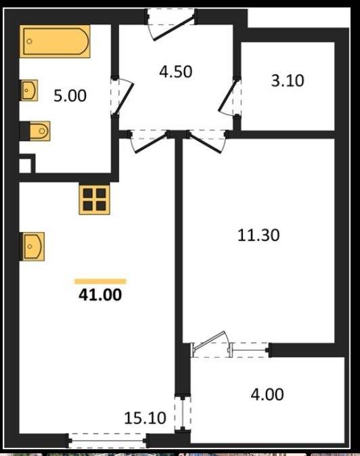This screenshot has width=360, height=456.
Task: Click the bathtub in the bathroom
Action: (55, 40)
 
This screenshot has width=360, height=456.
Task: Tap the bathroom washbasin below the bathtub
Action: (28, 90)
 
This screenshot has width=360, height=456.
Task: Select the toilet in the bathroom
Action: (37, 131)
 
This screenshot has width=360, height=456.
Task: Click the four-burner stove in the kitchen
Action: (95, 200)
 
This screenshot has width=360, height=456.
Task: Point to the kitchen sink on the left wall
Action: (32, 246)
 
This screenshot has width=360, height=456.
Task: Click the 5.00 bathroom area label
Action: (70, 96)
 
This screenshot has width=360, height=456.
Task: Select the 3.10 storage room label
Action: (288, 81)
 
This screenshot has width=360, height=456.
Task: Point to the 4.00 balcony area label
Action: (267, 394)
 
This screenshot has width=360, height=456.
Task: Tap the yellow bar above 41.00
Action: (100, 281)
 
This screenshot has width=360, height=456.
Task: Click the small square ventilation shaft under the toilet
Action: (26, 165)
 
